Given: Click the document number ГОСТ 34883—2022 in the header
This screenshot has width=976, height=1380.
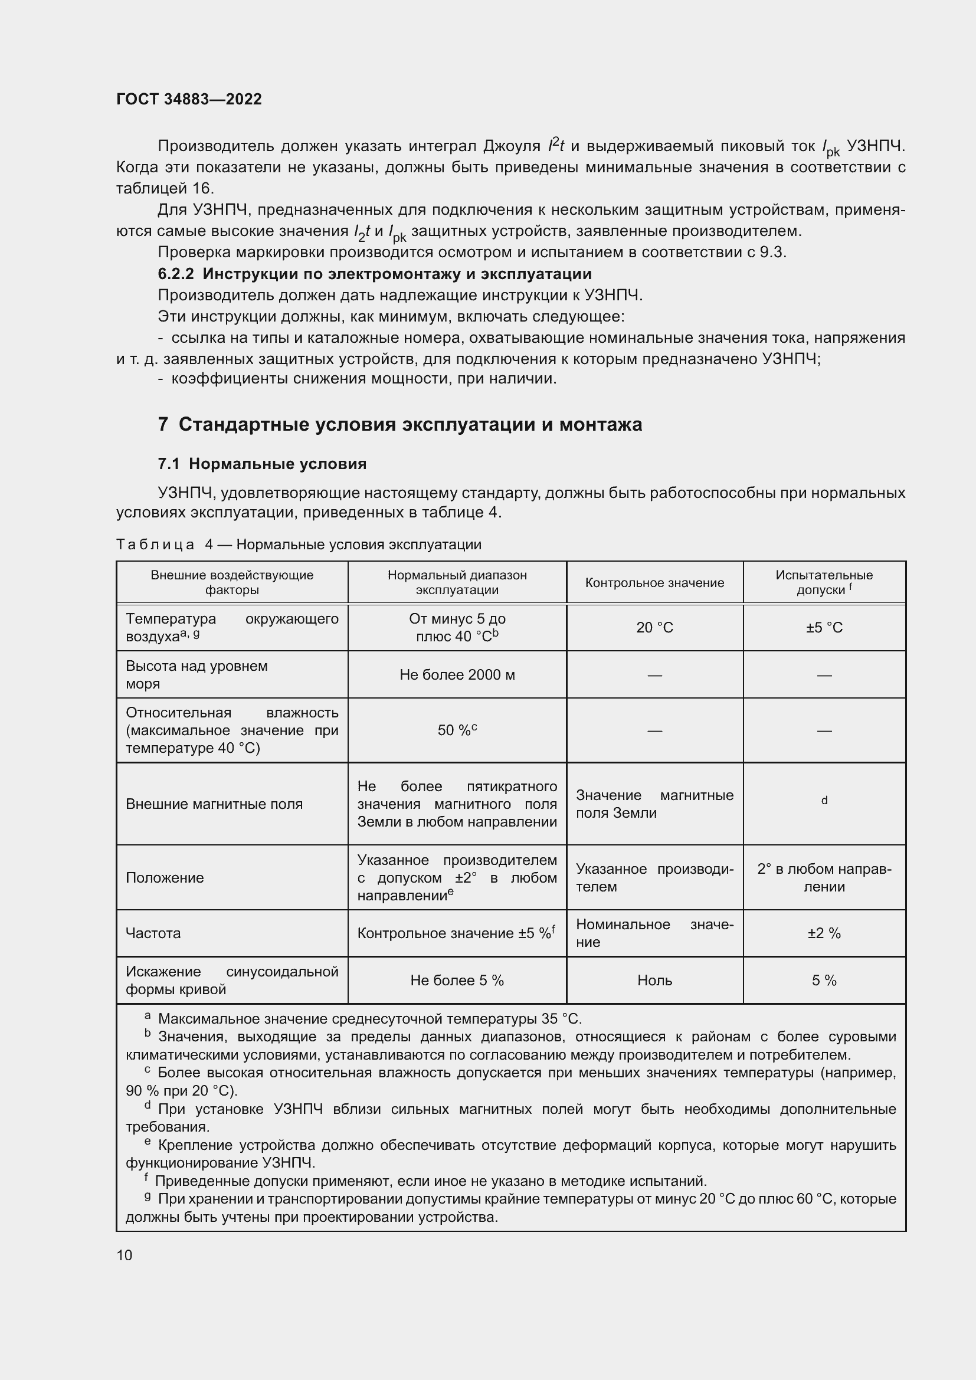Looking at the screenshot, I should click(x=189, y=99).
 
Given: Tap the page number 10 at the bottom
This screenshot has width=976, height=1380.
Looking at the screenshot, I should click(x=125, y=1255).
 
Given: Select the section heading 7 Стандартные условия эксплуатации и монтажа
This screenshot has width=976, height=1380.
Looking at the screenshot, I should click(x=399, y=424).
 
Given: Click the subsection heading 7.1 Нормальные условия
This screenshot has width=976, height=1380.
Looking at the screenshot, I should click(x=262, y=463).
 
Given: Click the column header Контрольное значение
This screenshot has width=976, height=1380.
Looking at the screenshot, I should click(x=654, y=582).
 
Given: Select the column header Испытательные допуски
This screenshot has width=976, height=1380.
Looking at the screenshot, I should click(x=823, y=582).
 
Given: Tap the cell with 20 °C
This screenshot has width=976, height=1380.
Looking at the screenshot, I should click(x=654, y=628).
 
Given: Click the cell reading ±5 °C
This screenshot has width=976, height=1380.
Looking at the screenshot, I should click(x=824, y=628).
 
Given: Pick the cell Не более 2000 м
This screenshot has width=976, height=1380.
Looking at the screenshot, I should click(x=457, y=675).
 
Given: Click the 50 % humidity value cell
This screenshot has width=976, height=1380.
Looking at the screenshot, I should click(x=457, y=730).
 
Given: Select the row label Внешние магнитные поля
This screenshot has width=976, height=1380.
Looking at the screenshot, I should click(x=214, y=804).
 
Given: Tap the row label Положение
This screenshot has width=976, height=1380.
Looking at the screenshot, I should click(x=165, y=877).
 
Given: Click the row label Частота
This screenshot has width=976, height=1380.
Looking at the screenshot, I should click(x=153, y=933).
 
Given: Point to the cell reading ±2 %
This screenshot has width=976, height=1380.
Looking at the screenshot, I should click(x=824, y=933).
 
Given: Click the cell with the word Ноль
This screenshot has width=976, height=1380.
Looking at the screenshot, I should click(x=654, y=981).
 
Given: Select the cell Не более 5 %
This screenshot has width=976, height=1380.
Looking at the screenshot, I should click(x=457, y=981).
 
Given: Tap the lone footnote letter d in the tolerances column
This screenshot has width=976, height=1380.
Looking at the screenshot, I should click(x=824, y=800).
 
